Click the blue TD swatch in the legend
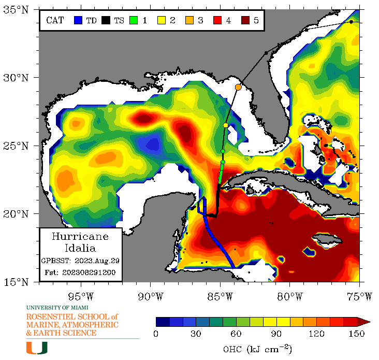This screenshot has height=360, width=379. click(78, 21)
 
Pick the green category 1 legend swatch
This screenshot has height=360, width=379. click(134, 21)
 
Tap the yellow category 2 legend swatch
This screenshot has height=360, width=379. click(161, 21)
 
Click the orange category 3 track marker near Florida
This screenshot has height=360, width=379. click(238, 88)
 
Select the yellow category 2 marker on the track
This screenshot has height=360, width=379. click(226, 125)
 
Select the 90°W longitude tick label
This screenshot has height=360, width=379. click(150, 296)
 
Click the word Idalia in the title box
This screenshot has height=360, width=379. click(80, 248)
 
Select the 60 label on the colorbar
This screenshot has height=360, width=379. click(236, 334)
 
